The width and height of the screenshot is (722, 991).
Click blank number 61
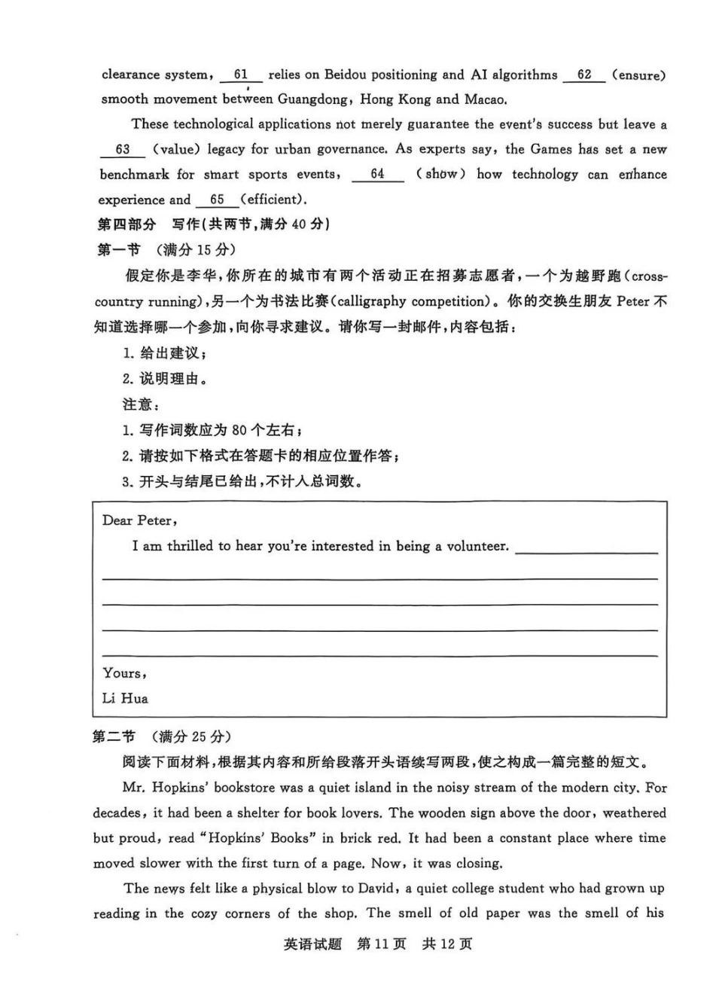click(x=241, y=75)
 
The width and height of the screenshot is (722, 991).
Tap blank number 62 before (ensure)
click(x=584, y=75)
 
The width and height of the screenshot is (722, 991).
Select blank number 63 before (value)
click(x=123, y=149)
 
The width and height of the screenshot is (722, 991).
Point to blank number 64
click(x=377, y=174)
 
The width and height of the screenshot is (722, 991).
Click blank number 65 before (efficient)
click(x=218, y=200)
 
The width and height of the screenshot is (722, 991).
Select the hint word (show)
click(x=440, y=174)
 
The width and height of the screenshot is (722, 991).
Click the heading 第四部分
click(x=126, y=224)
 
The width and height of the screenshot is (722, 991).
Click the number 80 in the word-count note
click(x=239, y=430)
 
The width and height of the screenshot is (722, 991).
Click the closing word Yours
click(x=123, y=673)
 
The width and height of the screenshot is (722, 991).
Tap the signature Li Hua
click(x=125, y=698)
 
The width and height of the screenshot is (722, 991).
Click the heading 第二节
click(x=114, y=736)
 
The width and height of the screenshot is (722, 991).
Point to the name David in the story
click(x=376, y=889)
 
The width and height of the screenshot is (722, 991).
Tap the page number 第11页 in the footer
click(x=381, y=944)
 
